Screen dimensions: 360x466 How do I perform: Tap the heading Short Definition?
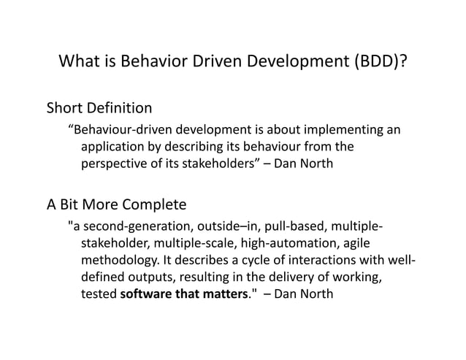click(99, 109)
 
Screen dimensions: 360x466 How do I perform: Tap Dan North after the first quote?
click(305, 164)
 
